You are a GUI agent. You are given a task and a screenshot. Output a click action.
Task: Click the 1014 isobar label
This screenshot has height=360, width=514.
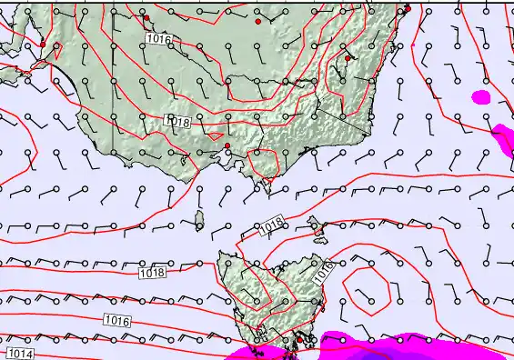point(19,354)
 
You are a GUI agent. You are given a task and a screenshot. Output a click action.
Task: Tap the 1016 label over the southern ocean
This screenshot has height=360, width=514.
point(116,320)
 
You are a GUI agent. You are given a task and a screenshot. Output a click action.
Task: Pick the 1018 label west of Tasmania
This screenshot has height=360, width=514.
point(152,273)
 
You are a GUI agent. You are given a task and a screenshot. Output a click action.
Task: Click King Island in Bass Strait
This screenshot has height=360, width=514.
point(199,219)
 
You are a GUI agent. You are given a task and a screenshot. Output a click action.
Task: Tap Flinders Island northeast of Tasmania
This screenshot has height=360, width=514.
point(316,224)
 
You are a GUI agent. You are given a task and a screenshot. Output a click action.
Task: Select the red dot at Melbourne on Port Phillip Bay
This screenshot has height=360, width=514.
point(227,145)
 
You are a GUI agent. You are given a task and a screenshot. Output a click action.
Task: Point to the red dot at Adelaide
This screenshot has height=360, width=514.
point(42,44)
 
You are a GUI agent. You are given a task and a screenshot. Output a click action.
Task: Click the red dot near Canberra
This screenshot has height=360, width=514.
point(348,58)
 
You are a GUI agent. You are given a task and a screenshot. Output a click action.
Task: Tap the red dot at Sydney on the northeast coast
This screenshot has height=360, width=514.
point(408,9)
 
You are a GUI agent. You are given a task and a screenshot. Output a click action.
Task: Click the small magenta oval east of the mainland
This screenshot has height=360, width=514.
point(481,95)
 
